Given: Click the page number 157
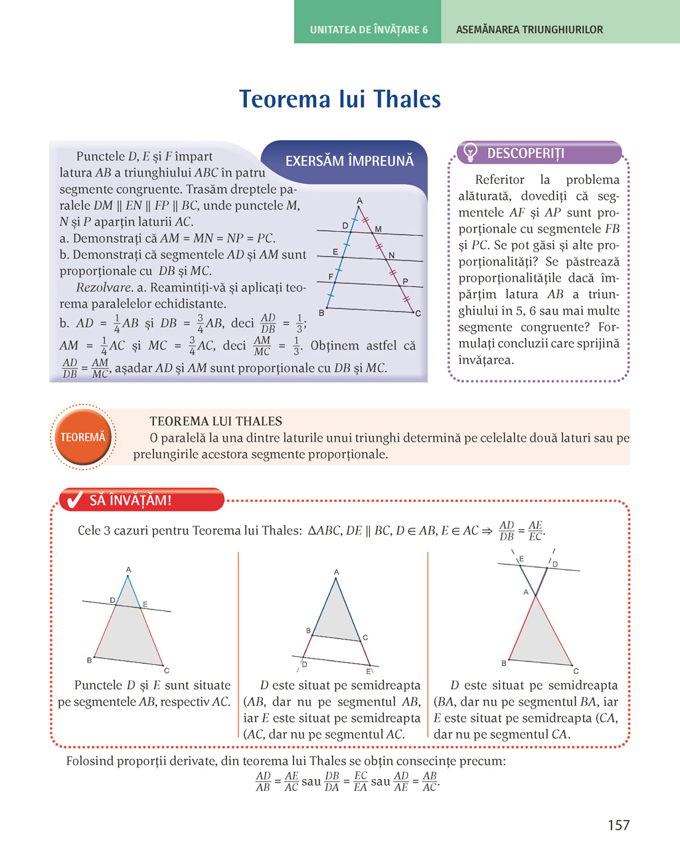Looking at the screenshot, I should coord(618,825).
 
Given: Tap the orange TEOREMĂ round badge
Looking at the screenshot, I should coord(83,437).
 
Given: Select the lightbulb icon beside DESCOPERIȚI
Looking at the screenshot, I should coord(470,153).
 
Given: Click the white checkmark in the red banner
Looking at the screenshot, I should coord(74,499).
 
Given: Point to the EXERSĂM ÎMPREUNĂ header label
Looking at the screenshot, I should coord(349,161).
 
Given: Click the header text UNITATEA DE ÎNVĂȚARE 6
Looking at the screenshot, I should coord(369,30).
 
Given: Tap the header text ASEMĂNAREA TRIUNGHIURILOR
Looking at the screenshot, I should coord(529,30).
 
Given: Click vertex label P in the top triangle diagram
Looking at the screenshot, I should coord(405,282).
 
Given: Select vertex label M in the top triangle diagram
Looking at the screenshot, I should coord(379,229).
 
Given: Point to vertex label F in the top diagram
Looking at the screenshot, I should coord(331,276).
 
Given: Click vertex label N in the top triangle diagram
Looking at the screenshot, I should coord(392,255).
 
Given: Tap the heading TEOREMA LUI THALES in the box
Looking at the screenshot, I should coord(216,421).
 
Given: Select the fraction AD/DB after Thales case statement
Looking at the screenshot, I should coord(507,531).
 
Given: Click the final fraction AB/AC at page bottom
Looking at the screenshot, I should coord(430,782).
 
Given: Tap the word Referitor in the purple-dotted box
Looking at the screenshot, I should coord(499,179).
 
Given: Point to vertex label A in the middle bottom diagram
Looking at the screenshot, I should coord(337,572).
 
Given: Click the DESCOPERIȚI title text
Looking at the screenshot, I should coord(525,153).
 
